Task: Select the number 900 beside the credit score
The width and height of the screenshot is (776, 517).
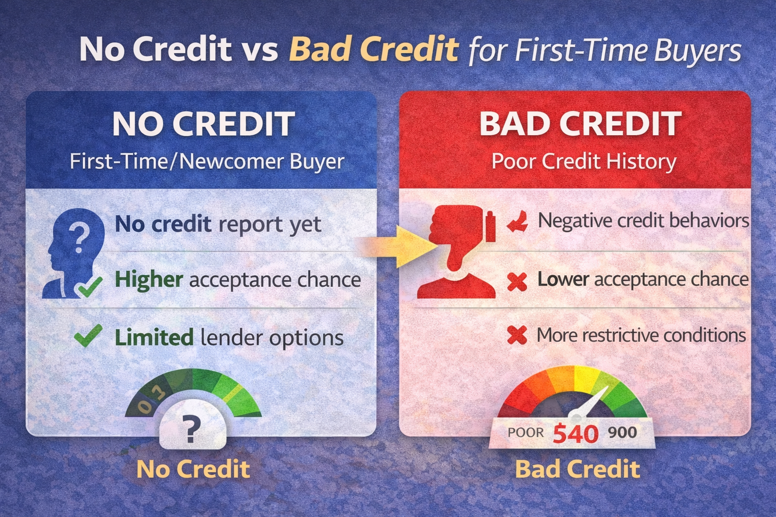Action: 622,432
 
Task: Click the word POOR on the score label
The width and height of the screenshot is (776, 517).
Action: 526,433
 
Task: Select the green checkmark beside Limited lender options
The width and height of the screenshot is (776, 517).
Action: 88,336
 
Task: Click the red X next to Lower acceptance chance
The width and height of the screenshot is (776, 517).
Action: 517,281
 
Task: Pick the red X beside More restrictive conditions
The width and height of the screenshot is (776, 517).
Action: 517,335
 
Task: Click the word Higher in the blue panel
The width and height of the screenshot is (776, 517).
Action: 149,279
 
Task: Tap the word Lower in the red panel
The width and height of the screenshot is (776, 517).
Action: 563,279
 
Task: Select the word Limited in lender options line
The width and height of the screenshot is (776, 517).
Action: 154,337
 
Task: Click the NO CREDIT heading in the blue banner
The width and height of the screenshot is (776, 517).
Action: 204,124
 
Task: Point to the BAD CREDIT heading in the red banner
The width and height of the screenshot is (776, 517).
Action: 580,124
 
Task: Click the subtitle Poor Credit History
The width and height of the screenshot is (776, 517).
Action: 584,162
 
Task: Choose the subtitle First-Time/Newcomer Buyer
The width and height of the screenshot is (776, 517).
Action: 207,162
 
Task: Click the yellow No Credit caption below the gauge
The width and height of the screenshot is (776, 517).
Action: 193,469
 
